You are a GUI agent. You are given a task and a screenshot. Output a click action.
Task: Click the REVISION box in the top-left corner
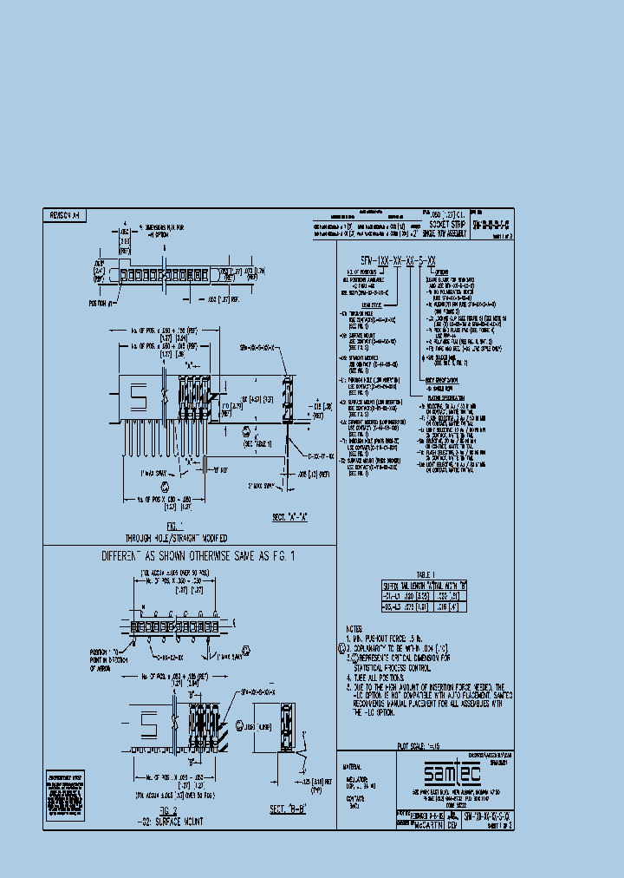(x=63, y=213)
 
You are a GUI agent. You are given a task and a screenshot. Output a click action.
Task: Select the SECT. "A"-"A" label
(x=290, y=517)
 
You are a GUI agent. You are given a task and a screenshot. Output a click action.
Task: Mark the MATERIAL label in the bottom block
(x=356, y=767)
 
